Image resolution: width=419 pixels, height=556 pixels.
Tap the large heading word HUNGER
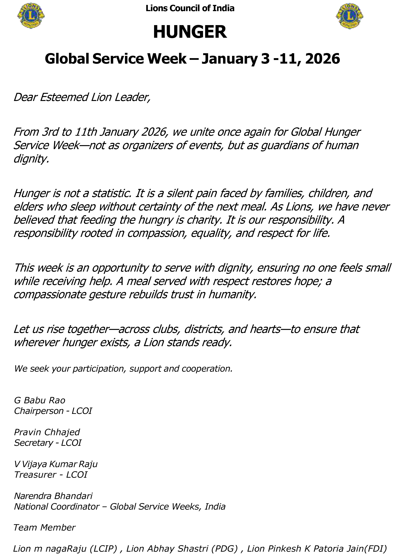190,32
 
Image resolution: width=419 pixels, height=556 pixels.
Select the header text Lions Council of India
190,8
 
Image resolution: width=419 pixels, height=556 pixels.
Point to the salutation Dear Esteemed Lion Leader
82,97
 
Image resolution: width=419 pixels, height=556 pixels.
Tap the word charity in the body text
204,220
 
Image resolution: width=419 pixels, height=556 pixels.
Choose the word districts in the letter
204,329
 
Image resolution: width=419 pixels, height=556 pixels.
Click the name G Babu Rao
40,400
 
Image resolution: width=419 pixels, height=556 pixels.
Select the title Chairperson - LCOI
53,411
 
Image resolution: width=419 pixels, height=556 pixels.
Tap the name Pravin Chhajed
47,432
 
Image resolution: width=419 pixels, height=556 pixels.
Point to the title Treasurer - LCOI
51,474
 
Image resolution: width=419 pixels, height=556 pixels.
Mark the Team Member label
44,527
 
